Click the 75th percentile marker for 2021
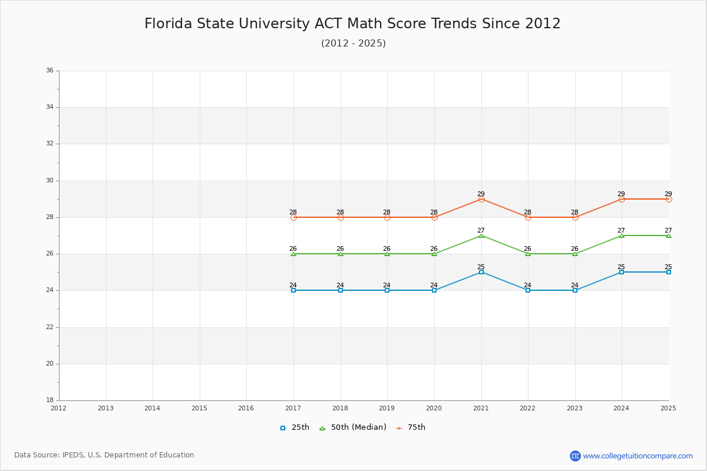[x=481, y=199]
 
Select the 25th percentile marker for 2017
[x=293, y=290]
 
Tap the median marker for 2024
[x=622, y=235]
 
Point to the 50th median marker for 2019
[x=387, y=254]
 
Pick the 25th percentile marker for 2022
[x=528, y=290]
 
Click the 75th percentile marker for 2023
[x=575, y=217]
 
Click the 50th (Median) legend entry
[x=353, y=427]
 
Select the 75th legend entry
[x=411, y=427]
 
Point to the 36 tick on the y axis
[x=49, y=71]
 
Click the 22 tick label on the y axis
[x=49, y=327]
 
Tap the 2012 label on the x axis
[x=59, y=408]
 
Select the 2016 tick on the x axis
[x=246, y=408]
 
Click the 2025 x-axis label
[x=668, y=408]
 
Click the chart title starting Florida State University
[x=352, y=24]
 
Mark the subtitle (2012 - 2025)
[x=353, y=44]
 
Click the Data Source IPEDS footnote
[x=104, y=455]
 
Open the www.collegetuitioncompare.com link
[x=637, y=456]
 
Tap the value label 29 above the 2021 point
[x=481, y=194]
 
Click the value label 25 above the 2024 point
[x=621, y=267]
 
